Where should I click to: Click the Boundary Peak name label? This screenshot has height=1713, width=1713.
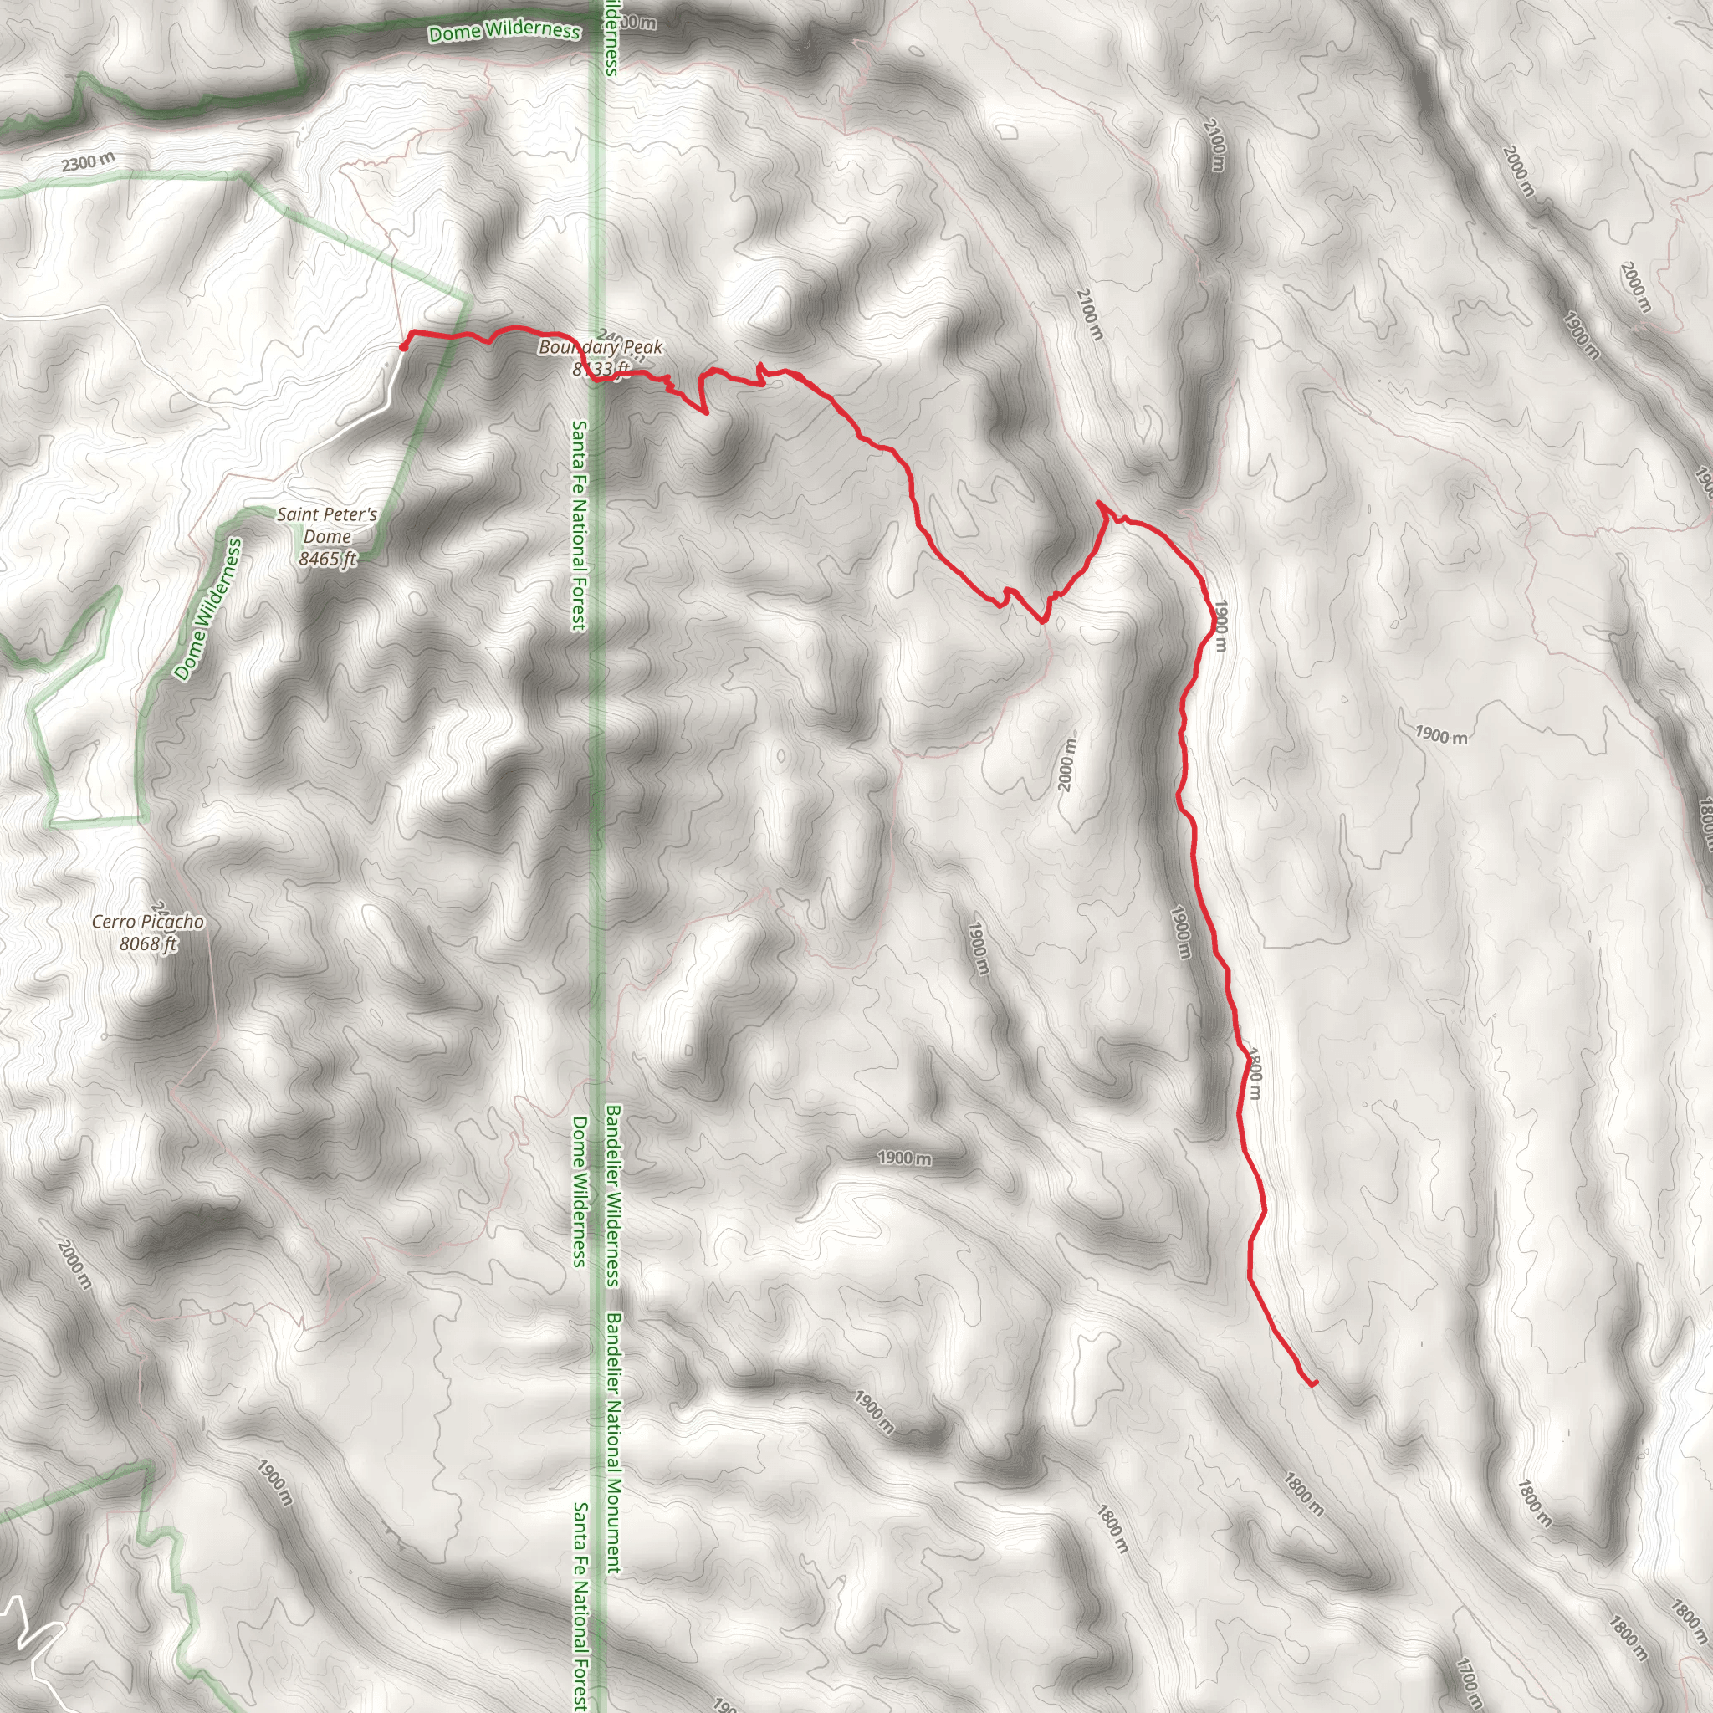tap(601, 346)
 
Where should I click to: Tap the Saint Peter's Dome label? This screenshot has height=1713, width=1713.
tap(327, 525)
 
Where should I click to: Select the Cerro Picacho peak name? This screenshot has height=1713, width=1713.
tap(148, 921)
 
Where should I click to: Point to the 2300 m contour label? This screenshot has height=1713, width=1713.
tap(88, 162)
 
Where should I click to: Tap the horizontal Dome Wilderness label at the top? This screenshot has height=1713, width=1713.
tap(504, 31)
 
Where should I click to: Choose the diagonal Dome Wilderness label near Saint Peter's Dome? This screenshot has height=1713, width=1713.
tap(207, 610)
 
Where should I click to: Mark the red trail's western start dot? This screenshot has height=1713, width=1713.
tap(403, 346)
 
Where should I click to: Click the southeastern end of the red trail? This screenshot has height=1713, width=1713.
tap(1314, 1383)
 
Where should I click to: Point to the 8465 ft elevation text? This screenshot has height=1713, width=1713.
tap(327, 559)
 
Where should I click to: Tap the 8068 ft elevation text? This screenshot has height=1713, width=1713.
tap(148, 943)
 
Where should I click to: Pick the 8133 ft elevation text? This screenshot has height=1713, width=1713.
tap(601, 368)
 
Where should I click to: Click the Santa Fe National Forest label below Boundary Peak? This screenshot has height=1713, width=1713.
tap(578, 526)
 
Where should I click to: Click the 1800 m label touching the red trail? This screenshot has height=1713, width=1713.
tap(1254, 1074)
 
